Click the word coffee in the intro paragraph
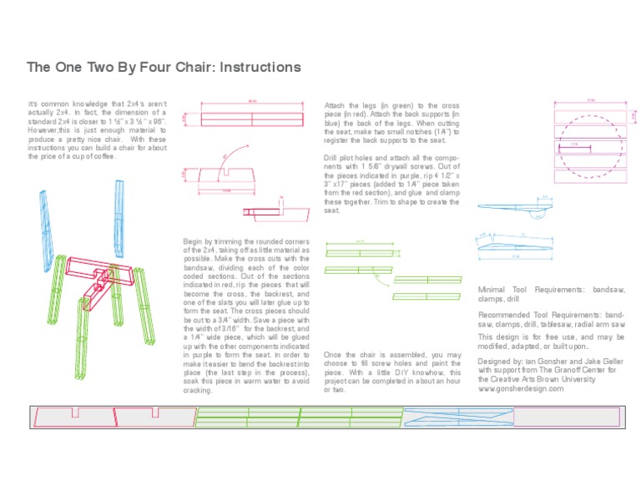click(x=98, y=156)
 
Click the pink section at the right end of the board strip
click(x=566, y=415)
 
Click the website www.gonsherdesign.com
click(x=515, y=389)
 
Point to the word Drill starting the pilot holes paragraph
click(x=332, y=157)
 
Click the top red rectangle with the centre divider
click(x=252, y=119)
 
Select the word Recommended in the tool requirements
click(x=508, y=314)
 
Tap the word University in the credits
click(x=577, y=379)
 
